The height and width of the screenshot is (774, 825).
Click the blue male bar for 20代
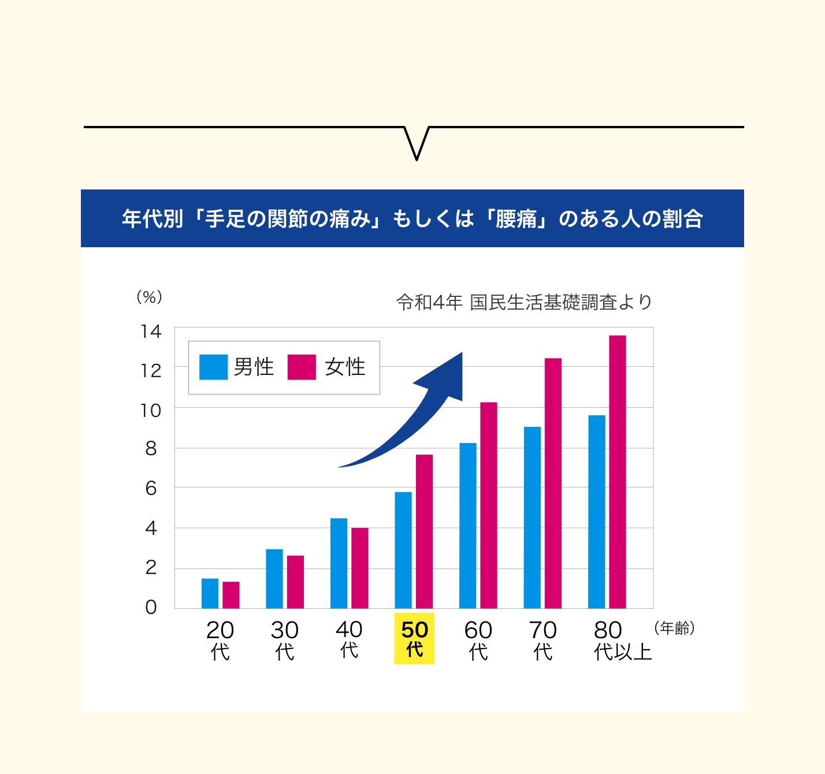210,593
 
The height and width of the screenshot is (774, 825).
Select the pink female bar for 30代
295,582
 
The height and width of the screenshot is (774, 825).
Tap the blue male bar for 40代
339,563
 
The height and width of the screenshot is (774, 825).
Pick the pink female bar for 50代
424,531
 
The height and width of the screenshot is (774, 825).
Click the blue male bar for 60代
468,526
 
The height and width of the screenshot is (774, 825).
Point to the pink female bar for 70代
553,483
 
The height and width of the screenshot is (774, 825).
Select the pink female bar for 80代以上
618,471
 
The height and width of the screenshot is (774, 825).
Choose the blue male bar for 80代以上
597,512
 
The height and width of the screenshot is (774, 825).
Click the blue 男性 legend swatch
213,367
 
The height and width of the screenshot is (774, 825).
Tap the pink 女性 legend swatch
302,367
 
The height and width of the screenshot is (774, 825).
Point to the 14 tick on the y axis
151,332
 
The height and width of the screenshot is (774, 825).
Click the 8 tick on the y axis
151,449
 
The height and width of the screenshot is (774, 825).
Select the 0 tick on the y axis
151,608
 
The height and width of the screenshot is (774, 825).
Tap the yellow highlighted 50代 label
414,639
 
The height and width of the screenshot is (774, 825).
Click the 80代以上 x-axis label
622,640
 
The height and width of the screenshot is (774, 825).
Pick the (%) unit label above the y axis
149,297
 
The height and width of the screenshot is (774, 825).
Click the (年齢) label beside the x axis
674,628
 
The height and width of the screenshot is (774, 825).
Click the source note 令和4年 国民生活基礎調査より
524,302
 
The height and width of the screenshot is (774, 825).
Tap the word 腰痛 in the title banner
516,219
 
